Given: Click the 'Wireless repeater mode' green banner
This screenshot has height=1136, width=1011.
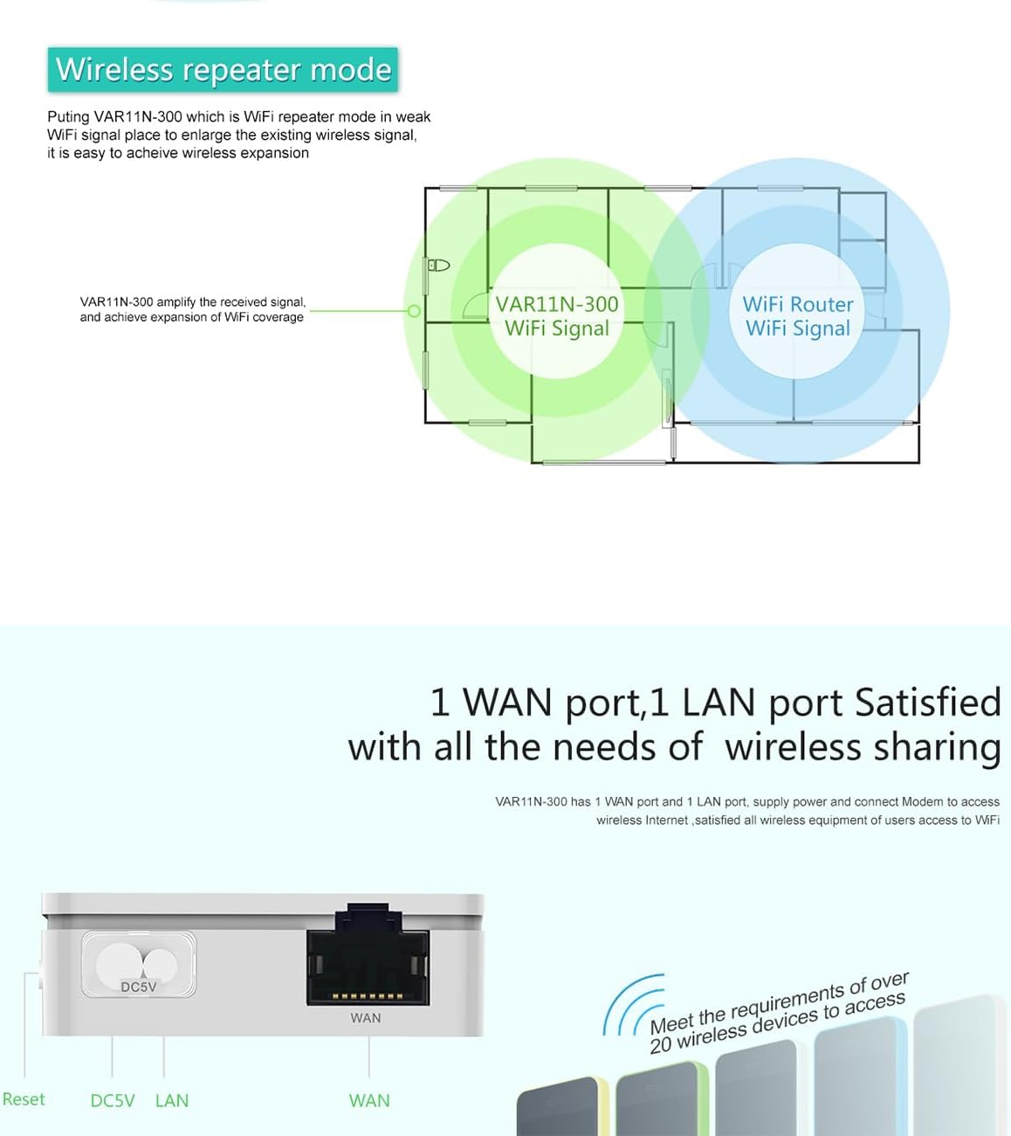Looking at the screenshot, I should coord(223,70).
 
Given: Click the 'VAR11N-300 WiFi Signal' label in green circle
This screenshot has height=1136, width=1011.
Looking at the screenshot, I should coord(557,316).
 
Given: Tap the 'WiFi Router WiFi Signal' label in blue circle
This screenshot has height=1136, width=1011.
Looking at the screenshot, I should coord(797,316).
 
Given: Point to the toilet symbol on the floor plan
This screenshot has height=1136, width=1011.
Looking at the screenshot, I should coord(438,265).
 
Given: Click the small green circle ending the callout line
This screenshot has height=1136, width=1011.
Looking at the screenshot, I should coord(414,310).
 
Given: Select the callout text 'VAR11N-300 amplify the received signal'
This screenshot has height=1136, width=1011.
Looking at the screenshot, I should coord(192,302).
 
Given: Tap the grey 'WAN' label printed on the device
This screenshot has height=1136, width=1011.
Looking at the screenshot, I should coord(366,1018).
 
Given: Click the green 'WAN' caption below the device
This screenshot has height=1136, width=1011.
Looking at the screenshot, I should coord(369,1101).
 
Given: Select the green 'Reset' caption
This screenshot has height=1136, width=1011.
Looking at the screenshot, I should coord(24,1099).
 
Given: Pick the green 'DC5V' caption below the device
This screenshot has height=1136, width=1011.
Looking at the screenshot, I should coord(113,1101).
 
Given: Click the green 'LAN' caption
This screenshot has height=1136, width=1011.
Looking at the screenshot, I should coord(172,1101).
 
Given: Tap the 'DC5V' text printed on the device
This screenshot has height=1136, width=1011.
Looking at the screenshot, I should coord(138,987).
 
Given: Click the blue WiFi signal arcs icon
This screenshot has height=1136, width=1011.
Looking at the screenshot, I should coord(630,1005).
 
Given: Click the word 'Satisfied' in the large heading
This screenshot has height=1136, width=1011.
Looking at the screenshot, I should coord(927,703).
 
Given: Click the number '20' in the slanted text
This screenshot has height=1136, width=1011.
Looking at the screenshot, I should coord(661,1043).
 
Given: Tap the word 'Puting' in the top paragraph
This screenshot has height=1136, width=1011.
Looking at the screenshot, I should coord(68,117).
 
